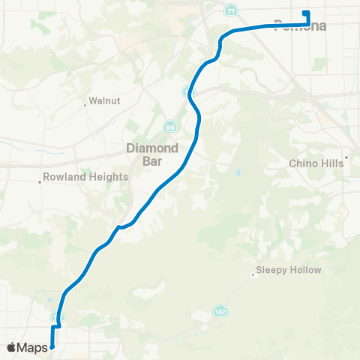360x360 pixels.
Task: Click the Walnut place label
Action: [105, 100]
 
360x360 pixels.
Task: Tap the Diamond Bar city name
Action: [152, 154]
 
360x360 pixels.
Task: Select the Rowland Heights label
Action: [87, 177]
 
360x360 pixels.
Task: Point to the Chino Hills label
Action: [316, 163]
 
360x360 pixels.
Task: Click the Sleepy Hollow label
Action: [289, 270]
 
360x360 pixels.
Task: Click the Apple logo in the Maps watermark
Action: [12, 347]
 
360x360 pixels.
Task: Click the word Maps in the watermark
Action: [33, 347]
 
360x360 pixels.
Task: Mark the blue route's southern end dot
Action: [52, 346]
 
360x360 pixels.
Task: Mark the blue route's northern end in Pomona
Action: [304, 13]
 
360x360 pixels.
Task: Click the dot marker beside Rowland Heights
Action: [40, 181]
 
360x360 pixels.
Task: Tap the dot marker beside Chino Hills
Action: [347, 158]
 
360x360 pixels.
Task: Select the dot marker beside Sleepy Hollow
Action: [253, 274]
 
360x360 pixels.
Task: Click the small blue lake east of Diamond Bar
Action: [238, 172]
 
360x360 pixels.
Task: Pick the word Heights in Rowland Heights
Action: [108, 177]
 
